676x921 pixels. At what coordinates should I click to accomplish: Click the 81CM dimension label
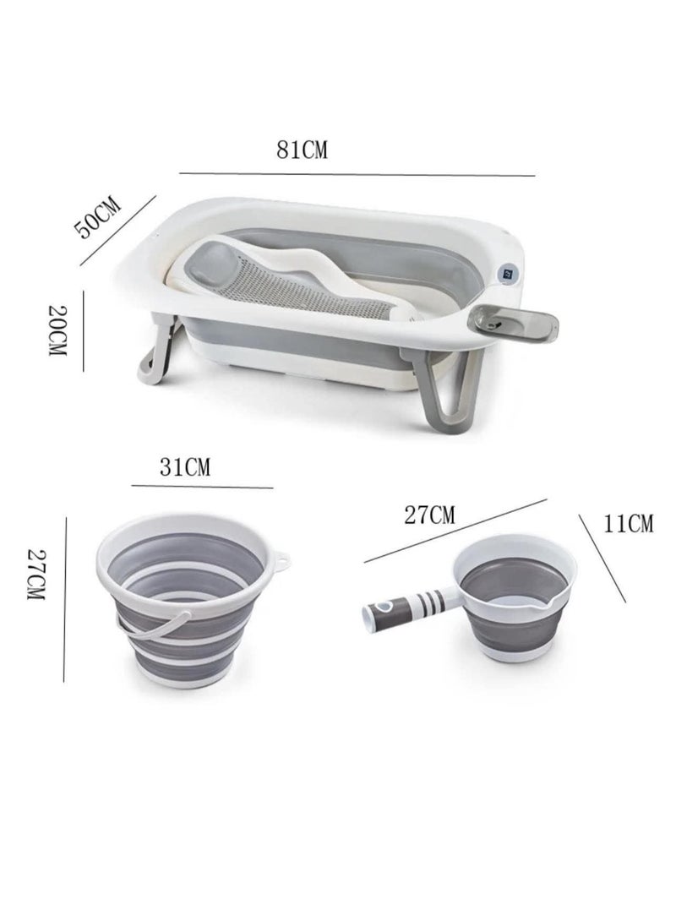tap(302, 150)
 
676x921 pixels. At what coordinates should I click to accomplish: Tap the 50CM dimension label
tap(97, 218)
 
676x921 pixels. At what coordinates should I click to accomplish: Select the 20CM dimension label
tap(57, 330)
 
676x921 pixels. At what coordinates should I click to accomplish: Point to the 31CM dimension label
tap(185, 467)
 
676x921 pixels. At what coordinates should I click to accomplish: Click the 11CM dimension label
tap(629, 523)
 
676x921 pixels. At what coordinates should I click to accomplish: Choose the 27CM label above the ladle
tap(429, 515)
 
